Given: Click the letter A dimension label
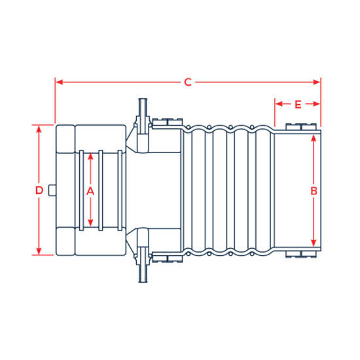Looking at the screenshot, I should (91, 190).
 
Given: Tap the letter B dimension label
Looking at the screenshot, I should (314, 190).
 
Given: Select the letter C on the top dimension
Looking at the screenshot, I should (187, 82).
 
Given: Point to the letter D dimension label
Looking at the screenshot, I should (39, 190).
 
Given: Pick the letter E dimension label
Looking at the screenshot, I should (298, 104).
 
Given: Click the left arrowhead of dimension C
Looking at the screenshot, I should (58, 82).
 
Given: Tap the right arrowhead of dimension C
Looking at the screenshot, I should (318, 82).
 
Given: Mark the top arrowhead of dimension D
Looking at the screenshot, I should (39, 128).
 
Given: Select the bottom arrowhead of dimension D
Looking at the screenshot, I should (39, 251).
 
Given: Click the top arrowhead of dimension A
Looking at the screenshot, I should (91, 156).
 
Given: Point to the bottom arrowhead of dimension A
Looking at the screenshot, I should (91, 224).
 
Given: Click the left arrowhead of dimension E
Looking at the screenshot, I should (278, 104).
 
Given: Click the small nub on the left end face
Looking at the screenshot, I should (52, 190).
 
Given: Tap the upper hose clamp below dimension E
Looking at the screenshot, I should (298, 126).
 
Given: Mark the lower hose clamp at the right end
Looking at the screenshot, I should (298, 255).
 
